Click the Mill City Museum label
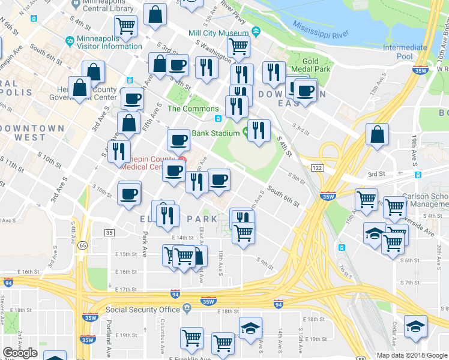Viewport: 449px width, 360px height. (218, 33)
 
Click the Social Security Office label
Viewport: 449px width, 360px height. (143, 310)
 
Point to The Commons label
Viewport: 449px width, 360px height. (192, 109)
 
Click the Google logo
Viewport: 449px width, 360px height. (20, 353)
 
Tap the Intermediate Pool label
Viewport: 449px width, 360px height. (405, 52)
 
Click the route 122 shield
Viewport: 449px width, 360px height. (318, 169)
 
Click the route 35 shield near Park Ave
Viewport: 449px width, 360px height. (109, 232)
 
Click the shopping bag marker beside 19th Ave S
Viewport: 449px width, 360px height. (376, 134)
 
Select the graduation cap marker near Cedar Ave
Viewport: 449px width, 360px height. (414, 326)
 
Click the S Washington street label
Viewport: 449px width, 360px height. (211, 50)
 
